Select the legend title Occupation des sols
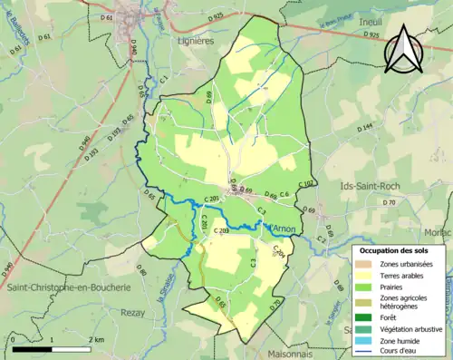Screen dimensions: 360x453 point(395,249)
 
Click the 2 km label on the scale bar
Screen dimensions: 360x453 point(93,339)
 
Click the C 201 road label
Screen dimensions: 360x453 point(213,199)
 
